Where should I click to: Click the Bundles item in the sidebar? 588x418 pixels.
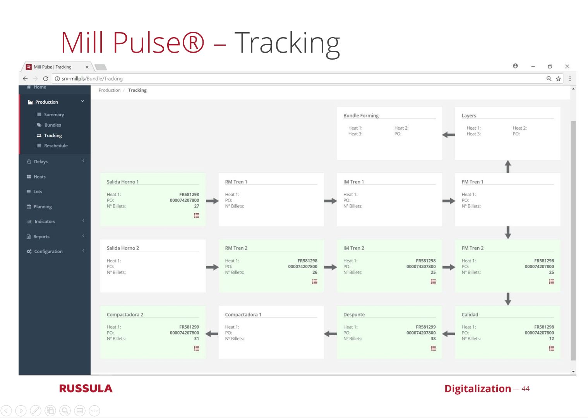click(x=53, y=125)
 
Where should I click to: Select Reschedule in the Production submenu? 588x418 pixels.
click(x=56, y=146)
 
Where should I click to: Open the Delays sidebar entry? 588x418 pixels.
click(x=41, y=162)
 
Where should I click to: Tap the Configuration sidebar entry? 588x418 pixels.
click(x=48, y=251)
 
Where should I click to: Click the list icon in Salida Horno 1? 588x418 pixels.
click(x=196, y=216)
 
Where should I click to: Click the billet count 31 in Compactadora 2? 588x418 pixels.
click(x=196, y=339)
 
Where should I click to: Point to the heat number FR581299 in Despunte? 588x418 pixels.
click(x=425, y=327)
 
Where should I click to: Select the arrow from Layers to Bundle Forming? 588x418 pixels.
click(x=448, y=135)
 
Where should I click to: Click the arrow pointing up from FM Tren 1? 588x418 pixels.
click(x=508, y=166)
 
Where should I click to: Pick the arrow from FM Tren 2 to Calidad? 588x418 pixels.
click(x=508, y=299)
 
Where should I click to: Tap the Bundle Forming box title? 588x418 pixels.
click(x=361, y=116)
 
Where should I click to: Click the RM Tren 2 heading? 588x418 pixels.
click(x=236, y=248)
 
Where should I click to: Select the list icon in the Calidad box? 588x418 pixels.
click(x=552, y=348)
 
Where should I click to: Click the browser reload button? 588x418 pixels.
click(x=46, y=79)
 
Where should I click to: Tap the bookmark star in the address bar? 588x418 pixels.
click(x=558, y=79)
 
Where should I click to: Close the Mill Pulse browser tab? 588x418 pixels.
click(x=87, y=67)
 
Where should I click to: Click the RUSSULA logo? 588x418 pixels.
click(x=86, y=388)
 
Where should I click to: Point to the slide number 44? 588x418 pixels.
click(x=526, y=388)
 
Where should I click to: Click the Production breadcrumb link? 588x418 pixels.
click(x=110, y=90)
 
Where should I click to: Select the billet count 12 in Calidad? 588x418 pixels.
click(x=552, y=339)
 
